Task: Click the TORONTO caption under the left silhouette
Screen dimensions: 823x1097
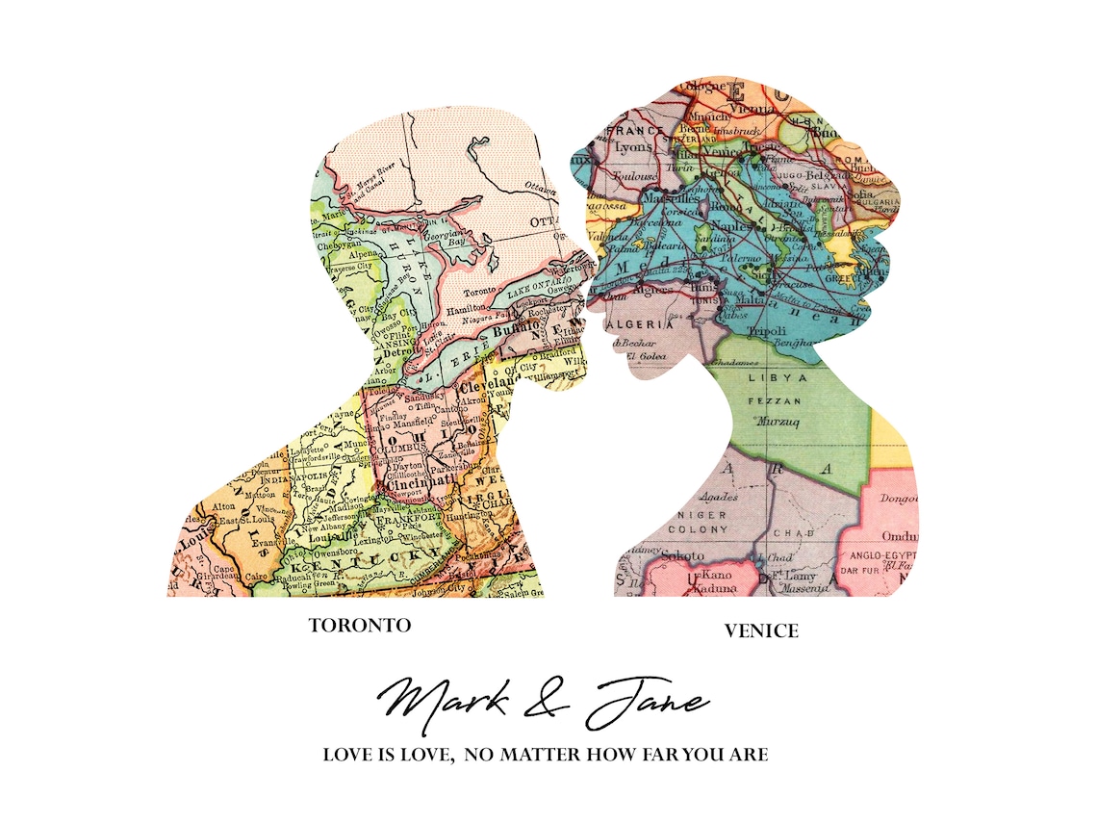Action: tap(359, 626)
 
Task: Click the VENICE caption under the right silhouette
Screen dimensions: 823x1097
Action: tap(761, 631)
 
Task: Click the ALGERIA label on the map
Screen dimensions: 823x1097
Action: tap(637, 325)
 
